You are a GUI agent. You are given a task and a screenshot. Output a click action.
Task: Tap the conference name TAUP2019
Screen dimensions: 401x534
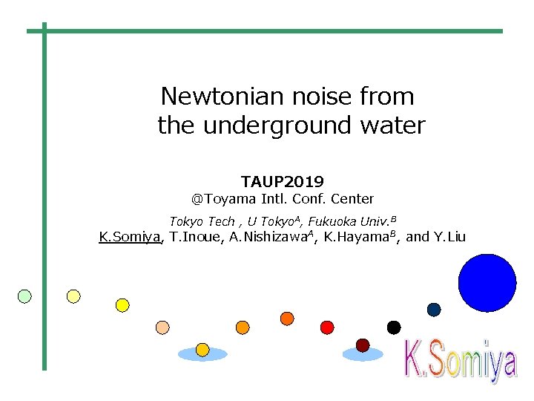[x=282, y=181]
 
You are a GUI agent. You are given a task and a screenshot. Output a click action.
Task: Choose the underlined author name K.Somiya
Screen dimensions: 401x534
[x=130, y=237]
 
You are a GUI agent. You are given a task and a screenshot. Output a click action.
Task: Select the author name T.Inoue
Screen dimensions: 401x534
[x=195, y=237]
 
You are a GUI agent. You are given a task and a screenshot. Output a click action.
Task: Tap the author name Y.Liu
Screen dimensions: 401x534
[x=449, y=237]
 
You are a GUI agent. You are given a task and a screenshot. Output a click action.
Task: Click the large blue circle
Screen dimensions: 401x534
[x=487, y=283]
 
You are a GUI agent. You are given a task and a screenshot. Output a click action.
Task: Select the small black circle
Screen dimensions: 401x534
[x=394, y=327]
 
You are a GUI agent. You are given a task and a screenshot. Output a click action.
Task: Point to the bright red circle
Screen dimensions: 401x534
[x=327, y=327]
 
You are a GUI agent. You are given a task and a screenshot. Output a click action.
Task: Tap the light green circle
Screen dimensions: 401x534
[x=24, y=296]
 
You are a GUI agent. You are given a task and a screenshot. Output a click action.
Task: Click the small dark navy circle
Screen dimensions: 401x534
[x=434, y=310]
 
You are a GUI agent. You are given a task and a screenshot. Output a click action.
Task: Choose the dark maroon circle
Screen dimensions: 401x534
[x=363, y=345]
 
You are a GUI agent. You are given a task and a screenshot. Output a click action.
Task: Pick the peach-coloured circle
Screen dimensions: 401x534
[x=162, y=327]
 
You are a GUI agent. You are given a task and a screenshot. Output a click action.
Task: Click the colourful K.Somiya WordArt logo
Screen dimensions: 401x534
[x=460, y=362]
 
